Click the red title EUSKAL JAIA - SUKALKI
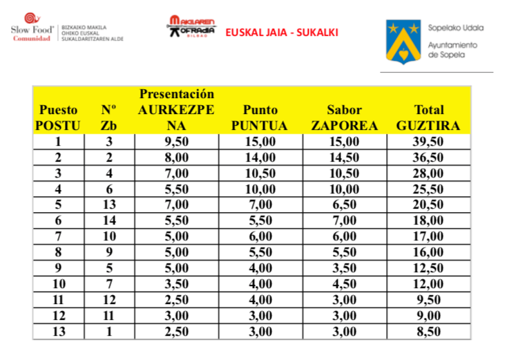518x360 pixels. click(x=282, y=32)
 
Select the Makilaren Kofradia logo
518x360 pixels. click(x=191, y=28)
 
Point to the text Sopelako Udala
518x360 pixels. click(x=455, y=28)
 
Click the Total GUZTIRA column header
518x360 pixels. click(x=428, y=117)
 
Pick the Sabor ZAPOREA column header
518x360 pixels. click(x=345, y=117)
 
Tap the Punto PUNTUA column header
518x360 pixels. click(x=260, y=117)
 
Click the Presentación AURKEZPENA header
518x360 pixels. click(x=177, y=109)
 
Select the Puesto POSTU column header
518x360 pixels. click(x=58, y=117)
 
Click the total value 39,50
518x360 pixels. click(x=428, y=142)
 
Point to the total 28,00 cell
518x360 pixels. click(x=428, y=173)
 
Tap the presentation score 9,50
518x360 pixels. click(x=177, y=142)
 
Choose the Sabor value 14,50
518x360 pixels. click(x=345, y=158)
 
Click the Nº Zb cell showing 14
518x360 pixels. click(x=108, y=220)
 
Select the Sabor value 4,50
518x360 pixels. click(x=345, y=283)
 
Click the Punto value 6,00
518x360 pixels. click(x=260, y=236)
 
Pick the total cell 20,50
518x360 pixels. click(x=428, y=205)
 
